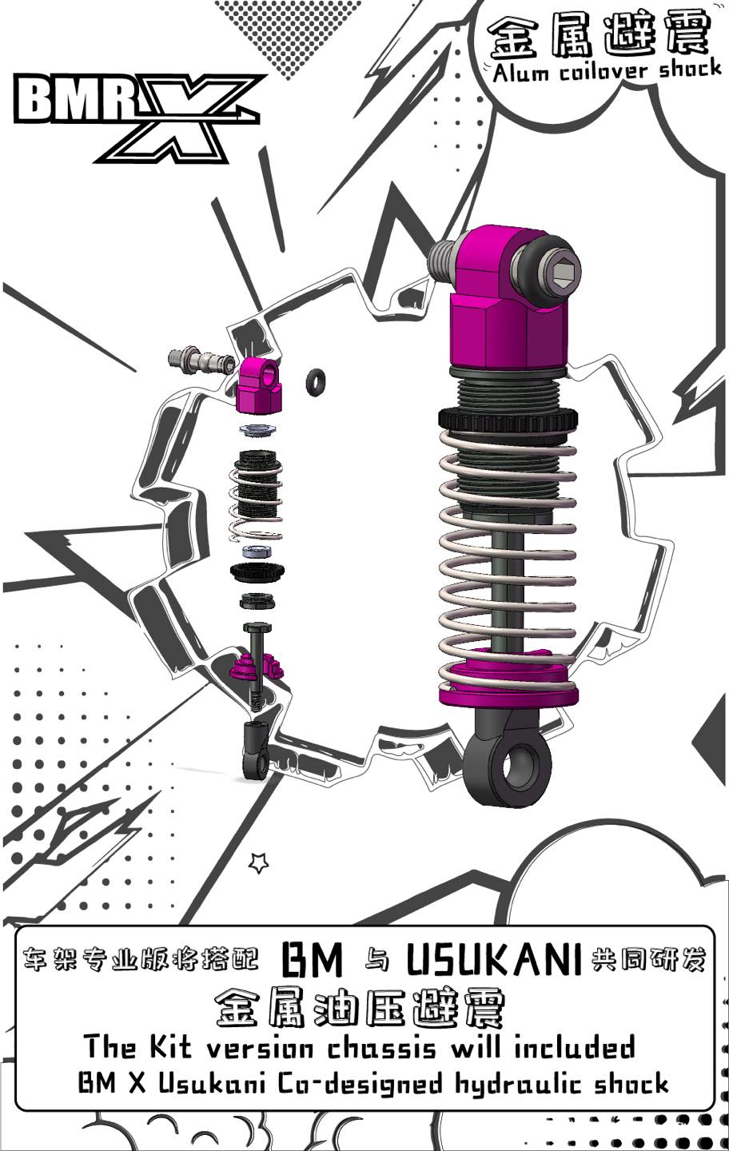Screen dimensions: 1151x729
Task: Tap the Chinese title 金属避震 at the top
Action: pyautogui.click(x=600, y=36)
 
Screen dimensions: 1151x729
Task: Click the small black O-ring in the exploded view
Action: pyautogui.click(x=317, y=380)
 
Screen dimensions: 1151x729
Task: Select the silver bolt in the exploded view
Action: pyautogui.click(x=198, y=361)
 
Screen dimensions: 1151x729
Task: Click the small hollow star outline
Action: pyautogui.click(x=258, y=862)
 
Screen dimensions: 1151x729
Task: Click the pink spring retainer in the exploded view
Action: pyautogui.click(x=257, y=666)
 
